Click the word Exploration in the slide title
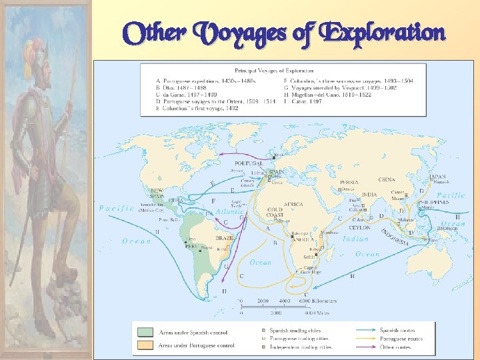click(x=382, y=32)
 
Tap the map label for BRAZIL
click(x=224, y=237)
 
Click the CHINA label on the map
click(x=387, y=179)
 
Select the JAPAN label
click(x=438, y=177)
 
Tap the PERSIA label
click(x=349, y=182)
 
